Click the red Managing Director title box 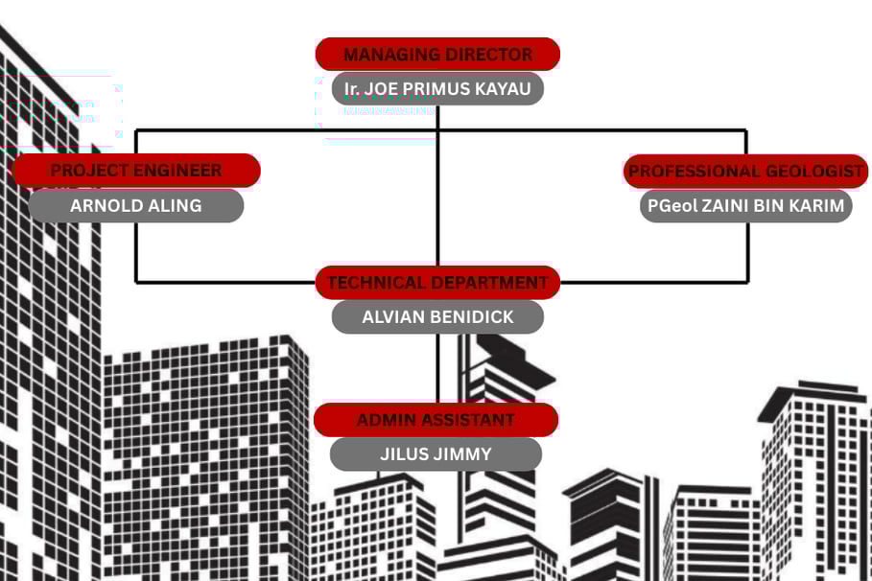click(x=437, y=55)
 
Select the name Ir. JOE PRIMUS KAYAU click(x=437, y=89)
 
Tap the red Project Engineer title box click(x=136, y=171)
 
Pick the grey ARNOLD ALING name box click(x=136, y=205)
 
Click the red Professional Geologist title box click(x=746, y=172)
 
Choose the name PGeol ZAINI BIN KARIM click(x=745, y=205)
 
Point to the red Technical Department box click(x=437, y=283)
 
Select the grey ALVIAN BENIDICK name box click(x=437, y=316)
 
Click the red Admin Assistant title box click(x=436, y=420)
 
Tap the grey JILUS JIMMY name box click(x=436, y=454)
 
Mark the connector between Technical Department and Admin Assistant click(x=437, y=369)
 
